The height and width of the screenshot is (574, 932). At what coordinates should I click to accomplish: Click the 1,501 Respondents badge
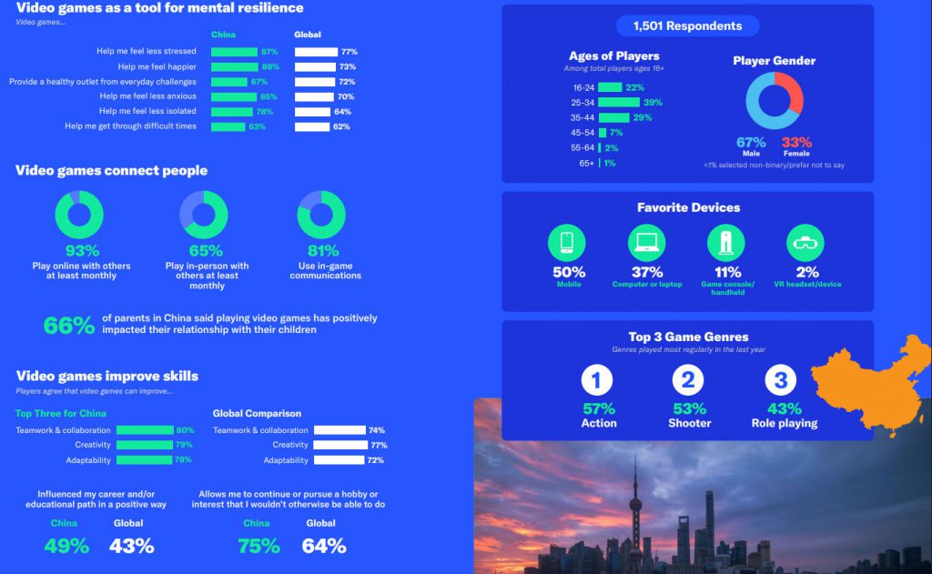tap(687, 25)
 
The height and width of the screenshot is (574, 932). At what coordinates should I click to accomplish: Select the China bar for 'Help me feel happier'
tap(235, 67)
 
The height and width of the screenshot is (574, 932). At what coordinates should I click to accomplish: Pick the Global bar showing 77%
tap(316, 53)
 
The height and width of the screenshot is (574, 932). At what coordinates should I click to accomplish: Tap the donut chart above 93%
tap(79, 215)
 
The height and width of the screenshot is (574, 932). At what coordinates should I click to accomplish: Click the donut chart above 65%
tap(204, 215)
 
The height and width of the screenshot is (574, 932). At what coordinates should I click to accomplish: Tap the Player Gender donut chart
tap(775, 100)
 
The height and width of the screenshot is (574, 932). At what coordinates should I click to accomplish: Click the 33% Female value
tap(796, 143)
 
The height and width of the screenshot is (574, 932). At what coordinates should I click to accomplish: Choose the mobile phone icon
tap(567, 242)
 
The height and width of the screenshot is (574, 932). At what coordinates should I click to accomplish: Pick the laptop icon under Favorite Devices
tap(647, 242)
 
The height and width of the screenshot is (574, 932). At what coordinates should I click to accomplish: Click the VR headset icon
tap(805, 242)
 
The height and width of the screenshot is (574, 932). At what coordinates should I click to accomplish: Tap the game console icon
tap(726, 242)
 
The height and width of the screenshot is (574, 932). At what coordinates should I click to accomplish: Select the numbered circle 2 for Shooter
tap(688, 380)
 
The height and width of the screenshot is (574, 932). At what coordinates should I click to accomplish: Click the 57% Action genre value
tap(599, 408)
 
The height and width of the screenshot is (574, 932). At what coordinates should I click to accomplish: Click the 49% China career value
tap(66, 546)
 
